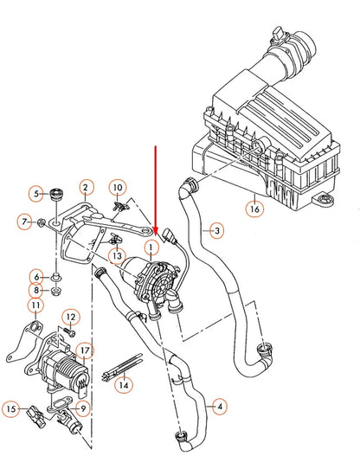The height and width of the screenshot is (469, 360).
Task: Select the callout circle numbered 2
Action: [x=86, y=186]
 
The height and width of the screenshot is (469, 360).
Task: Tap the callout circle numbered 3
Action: [x=217, y=230]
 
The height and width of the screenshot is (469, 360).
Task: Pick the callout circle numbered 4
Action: [x=218, y=405]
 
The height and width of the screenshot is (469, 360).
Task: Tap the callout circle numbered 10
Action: [x=118, y=187]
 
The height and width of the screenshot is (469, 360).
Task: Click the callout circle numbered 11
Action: [x=35, y=305]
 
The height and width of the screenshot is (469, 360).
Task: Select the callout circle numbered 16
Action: [x=254, y=208]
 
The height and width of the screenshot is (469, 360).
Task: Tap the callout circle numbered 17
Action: [x=84, y=350]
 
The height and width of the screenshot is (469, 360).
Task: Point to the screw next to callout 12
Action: [x=74, y=333]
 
